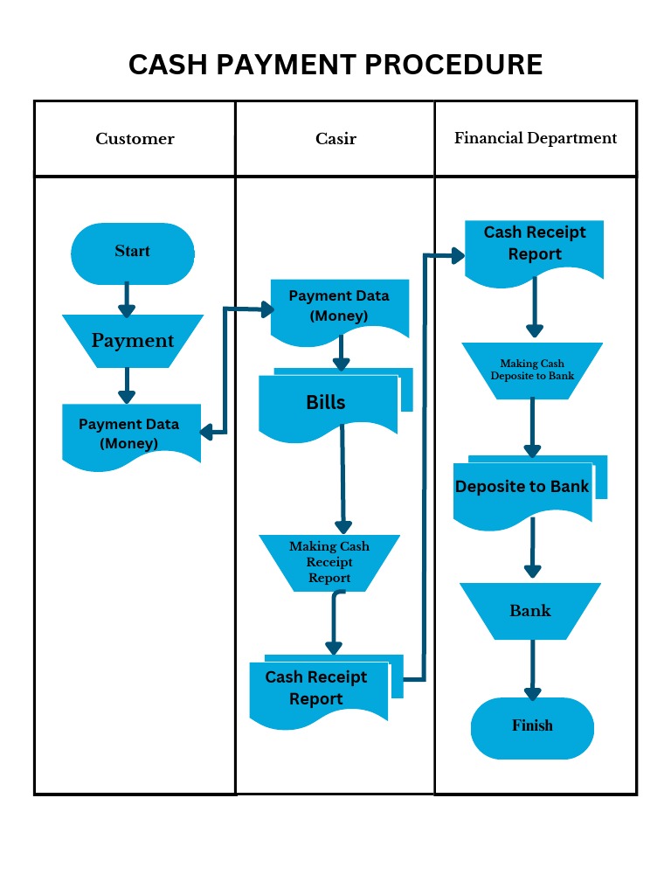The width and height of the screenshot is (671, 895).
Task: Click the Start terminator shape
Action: coord(132,253)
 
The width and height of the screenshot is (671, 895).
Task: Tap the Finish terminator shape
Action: coord(532,726)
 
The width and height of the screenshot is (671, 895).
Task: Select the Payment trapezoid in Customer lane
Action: coord(133,341)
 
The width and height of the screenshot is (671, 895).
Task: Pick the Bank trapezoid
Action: coord(530,610)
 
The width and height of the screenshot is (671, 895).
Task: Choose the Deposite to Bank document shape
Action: coord(522,489)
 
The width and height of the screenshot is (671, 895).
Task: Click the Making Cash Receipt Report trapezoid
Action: coord(329,562)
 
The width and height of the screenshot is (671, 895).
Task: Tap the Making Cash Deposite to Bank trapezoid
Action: coord(532,370)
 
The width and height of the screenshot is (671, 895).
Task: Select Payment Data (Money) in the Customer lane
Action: coord(130,434)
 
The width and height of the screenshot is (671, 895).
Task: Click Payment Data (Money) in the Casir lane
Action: coord(339,307)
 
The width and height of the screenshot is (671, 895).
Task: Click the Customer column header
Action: coord(135,139)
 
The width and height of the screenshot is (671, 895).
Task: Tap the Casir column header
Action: coord(335,139)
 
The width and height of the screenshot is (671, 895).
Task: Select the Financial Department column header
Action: coord(536,138)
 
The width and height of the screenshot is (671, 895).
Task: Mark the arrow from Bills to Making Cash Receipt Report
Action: coord(342,481)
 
